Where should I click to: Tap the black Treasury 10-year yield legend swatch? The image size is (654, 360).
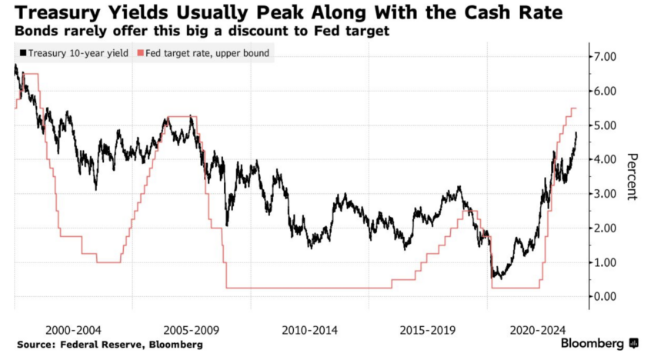pyautogui.click(x=22, y=53)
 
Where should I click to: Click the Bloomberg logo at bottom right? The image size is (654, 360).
pyautogui.click(x=599, y=343)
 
